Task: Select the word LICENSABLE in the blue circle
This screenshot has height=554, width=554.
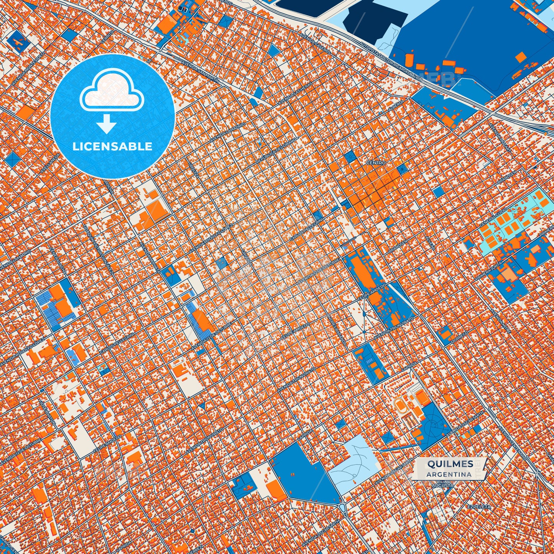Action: pyautogui.click(x=112, y=146)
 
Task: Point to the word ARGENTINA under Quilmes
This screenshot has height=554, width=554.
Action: pyautogui.click(x=449, y=474)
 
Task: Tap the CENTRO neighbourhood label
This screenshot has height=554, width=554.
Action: pyautogui.click(x=376, y=163)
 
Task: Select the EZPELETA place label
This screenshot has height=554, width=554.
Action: pyautogui.click(x=479, y=507)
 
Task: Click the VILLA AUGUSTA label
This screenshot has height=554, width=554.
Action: pyautogui.click(x=443, y=483)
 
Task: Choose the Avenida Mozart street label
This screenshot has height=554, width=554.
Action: pyautogui.click(x=500, y=138)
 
